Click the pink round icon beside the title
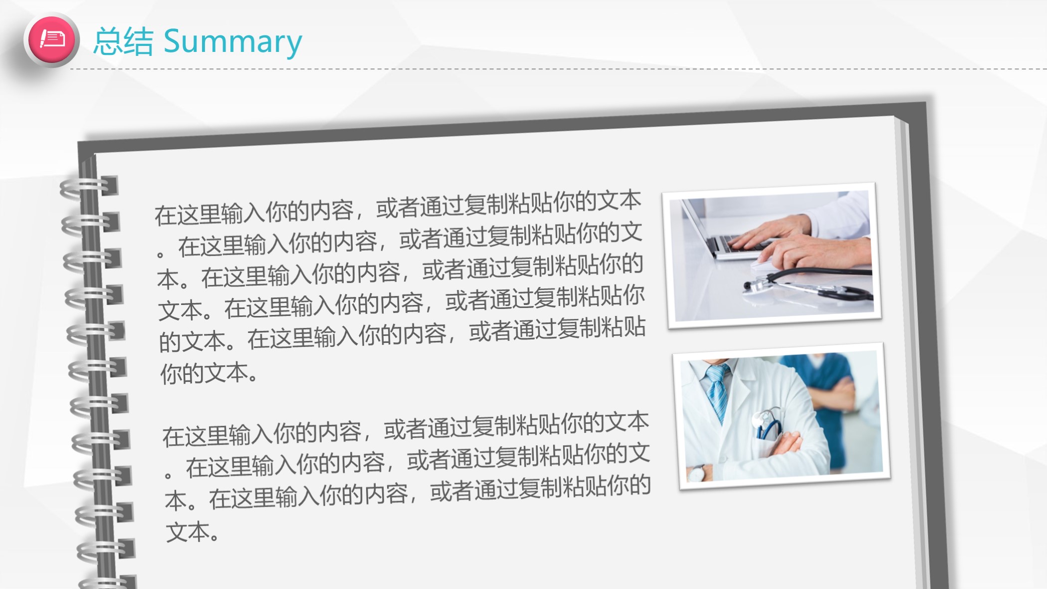coord(51,39)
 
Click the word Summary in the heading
coord(232,42)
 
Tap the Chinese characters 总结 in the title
coord(123,41)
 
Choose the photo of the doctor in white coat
coord(782,416)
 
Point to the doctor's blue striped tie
coord(718,392)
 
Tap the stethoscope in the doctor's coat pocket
coord(767,424)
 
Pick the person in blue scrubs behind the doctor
coord(826,399)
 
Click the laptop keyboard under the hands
coord(743,245)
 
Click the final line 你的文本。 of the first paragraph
coord(209,373)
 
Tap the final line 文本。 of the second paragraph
coord(193,532)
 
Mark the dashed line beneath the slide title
coord(559,69)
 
